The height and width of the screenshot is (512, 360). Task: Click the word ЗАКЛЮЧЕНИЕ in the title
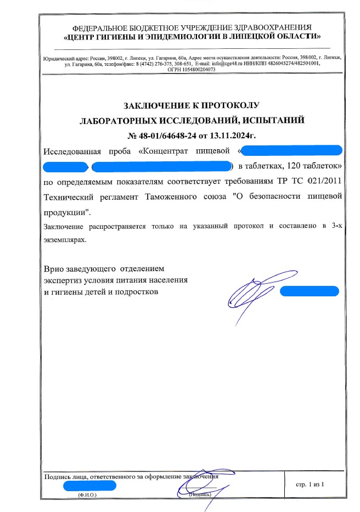pos(149,105)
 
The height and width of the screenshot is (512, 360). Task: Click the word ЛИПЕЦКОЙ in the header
pos(252,37)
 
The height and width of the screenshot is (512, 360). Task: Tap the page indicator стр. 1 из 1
pos(311,484)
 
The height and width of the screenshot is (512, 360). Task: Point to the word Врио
pos(55,269)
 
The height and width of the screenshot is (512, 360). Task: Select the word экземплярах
pos(65,240)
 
